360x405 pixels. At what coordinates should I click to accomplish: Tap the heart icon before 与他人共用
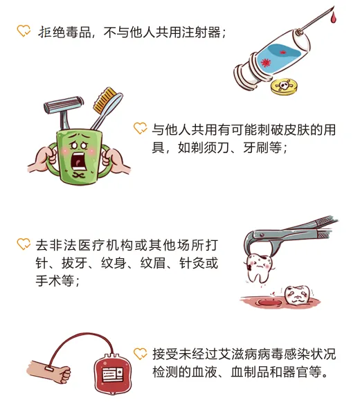(x=140, y=129)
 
